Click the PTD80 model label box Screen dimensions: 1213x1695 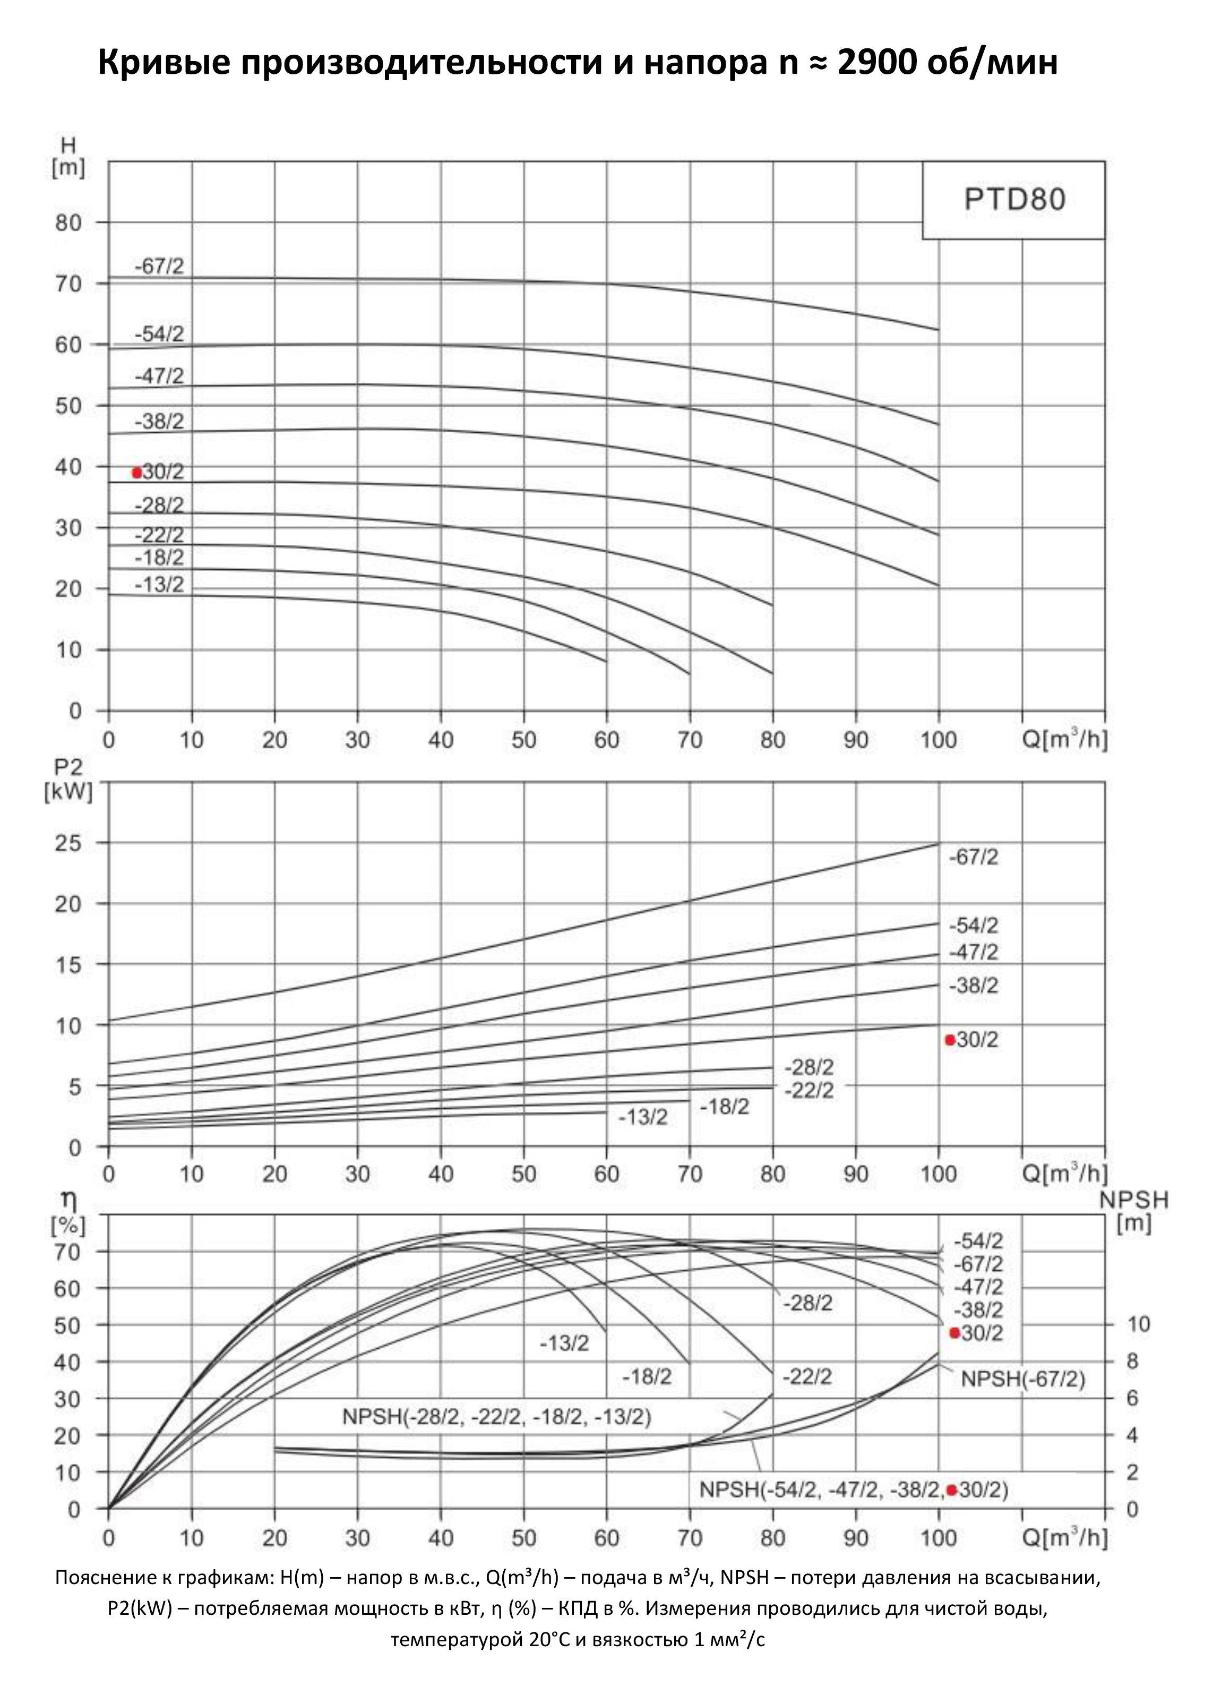point(1013,200)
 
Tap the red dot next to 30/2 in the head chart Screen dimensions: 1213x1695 point(136,473)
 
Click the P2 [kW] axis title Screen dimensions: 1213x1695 point(68,781)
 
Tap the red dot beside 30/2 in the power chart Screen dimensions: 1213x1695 point(950,1040)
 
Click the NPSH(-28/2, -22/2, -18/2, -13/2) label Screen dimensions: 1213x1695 point(497,1416)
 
